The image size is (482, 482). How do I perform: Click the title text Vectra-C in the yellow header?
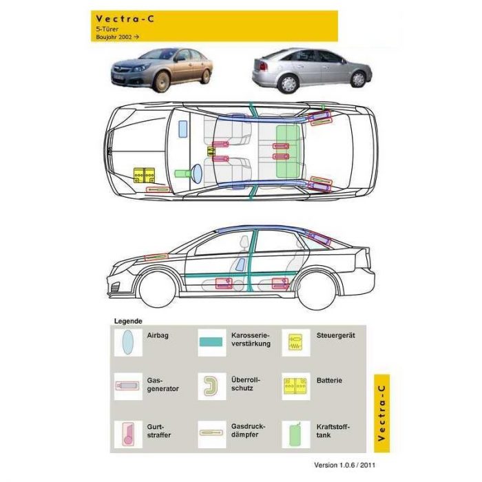point(125,19)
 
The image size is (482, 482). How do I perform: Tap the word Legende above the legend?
point(128,322)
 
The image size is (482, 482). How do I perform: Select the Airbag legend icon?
point(127,342)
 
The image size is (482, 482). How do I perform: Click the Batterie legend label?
point(329,380)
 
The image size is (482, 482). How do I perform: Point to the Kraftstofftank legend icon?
point(295,434)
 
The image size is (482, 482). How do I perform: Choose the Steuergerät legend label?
point(336,335)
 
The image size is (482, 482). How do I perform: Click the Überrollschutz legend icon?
point(211,386)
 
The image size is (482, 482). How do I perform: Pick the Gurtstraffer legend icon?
point(128,434)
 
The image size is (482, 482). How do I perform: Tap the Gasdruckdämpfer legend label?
point(249,430)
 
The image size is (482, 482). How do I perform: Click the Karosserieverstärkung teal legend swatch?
point(211,342)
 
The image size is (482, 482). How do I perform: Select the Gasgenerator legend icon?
point(127,386)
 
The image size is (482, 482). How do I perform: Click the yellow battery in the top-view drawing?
point(144,175)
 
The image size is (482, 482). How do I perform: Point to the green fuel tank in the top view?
point(288,151)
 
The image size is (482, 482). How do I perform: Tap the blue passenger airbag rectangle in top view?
point(183,129)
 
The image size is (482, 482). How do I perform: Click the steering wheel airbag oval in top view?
point(197,172)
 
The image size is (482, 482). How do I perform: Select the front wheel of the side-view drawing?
point(157,290)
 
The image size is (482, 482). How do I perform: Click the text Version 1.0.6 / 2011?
point(344,465)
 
